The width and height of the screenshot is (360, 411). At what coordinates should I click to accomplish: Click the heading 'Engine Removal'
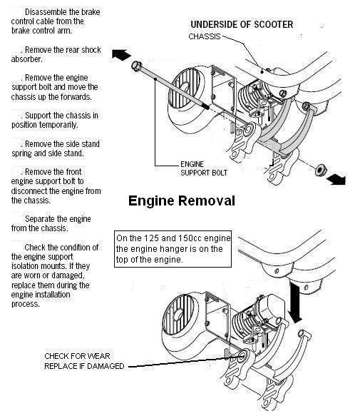tap(182, 201)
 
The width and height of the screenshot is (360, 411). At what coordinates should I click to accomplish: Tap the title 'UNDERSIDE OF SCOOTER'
tap(242, 24)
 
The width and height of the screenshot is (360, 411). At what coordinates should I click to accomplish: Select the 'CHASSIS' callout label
tap(205, 36)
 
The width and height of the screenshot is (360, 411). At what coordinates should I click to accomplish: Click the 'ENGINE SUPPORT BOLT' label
tap(204, 168)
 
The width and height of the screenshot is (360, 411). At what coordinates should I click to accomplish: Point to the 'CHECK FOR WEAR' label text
tap(77, 356)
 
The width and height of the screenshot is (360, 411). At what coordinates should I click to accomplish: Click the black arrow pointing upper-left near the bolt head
tap(121, 54)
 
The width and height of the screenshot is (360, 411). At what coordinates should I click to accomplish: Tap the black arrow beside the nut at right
tap(336, 180)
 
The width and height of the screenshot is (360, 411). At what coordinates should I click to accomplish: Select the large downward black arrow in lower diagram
tap(295, 302)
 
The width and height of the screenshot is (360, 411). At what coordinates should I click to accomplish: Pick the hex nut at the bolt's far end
tap(321, 170)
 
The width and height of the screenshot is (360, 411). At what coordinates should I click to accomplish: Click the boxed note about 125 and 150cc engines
tap(173, 249)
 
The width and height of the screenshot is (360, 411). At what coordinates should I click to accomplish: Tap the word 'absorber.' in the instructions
tap(26, 59)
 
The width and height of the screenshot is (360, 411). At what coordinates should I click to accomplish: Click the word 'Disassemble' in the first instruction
tap(44, 12)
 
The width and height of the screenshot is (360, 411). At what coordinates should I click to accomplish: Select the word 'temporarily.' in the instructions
tap(62, 125)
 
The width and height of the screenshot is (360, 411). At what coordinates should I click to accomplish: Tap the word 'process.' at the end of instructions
tap(26, 304)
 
